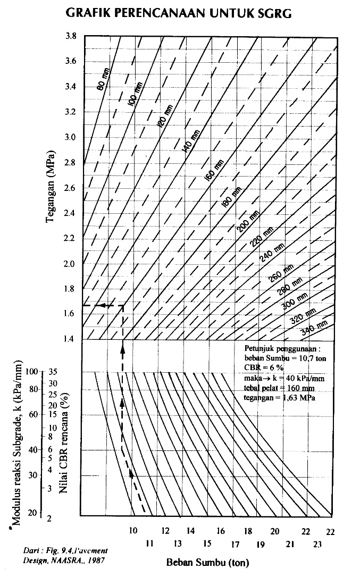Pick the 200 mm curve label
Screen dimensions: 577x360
248,222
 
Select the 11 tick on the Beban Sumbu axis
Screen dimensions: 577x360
149,543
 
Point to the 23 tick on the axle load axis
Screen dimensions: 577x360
318,543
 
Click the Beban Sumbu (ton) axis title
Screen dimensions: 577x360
208,562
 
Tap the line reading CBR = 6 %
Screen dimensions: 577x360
263,367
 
